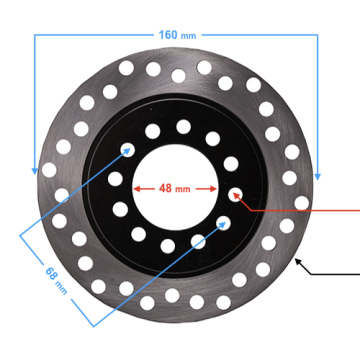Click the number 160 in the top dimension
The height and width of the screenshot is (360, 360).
point(168,35)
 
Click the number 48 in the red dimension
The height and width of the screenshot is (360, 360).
point(165,189)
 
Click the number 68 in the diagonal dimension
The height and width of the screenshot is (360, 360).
point(50,274)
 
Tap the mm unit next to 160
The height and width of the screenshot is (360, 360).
point(188,36)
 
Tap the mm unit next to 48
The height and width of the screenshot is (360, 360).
point(183,190)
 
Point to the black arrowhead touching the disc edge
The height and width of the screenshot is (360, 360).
point(298,262)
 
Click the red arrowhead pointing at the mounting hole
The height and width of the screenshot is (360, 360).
point(237,197)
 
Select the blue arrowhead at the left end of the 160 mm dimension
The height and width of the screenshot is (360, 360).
point(34,171)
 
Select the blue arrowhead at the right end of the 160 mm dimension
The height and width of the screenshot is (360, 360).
point(317,176)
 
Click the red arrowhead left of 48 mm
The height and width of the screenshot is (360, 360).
point(137,189)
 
